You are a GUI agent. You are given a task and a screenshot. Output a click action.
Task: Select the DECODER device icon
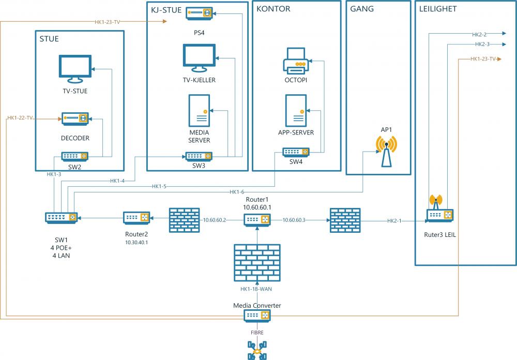click(75, 119)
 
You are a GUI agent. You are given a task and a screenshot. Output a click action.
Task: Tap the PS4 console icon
click(200, 13)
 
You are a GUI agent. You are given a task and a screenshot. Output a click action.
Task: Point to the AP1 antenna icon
click(386, 151)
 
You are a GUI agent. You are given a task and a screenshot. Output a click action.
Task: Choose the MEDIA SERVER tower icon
click(199, 111)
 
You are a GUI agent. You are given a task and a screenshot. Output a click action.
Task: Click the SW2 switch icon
click(75, 156)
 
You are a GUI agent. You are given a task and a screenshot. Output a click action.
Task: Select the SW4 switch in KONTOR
click(296, 152)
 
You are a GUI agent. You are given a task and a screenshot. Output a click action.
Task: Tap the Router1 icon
click(257, 220)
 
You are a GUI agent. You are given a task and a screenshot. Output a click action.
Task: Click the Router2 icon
click(136, 218)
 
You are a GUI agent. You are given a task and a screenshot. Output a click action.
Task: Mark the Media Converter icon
click(257, 315)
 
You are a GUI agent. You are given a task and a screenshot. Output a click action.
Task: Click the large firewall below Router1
click(257, 262)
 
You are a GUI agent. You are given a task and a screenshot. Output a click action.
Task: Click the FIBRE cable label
click(257, 333)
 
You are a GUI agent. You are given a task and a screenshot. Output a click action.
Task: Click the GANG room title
click(362, 9)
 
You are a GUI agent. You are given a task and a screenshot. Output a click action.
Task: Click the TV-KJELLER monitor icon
click(199, 58)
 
